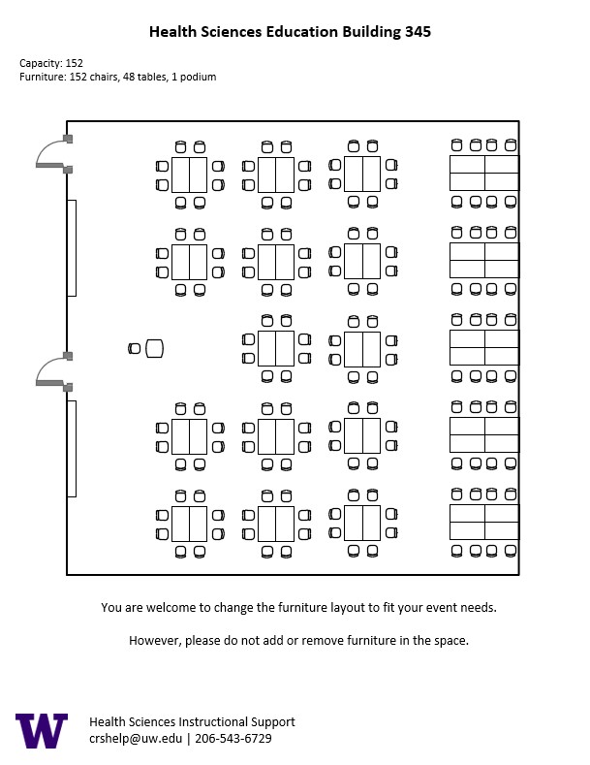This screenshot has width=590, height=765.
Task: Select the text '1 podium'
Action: point(195,77)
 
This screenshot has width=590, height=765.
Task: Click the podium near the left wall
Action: point(154,349)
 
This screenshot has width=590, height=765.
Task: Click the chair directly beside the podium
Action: point(135,349)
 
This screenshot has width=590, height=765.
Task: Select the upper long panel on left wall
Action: point(72,247)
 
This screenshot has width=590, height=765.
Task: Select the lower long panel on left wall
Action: point(72,448)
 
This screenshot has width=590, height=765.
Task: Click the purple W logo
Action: point(42,730)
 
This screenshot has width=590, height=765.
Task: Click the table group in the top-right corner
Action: point(484,173)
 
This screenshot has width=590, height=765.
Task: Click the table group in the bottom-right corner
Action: point(484,522)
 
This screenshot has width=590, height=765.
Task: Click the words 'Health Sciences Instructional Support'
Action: point(192,722)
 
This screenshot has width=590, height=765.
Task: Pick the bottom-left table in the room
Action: point(190,524)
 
